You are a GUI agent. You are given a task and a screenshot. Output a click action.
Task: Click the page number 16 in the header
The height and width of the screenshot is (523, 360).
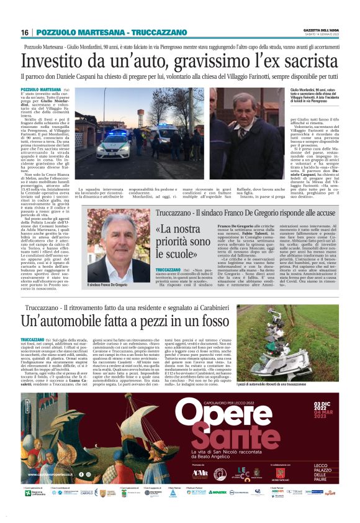coord(25,32)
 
